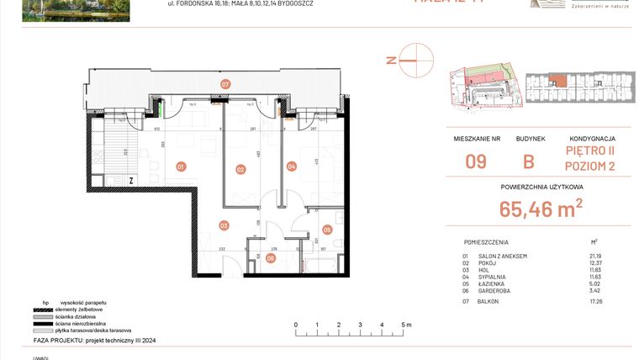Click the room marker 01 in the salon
click(181, 167)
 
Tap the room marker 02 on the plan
click(240, 170)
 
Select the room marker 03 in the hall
click(224, 225)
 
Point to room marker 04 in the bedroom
click(292, 167)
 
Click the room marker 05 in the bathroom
click(327, 229)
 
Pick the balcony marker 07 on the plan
click(225, 85)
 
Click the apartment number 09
click(475, 161)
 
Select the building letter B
click(529, 161)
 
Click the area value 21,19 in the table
click(594, 256)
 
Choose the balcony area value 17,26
click(594, 300)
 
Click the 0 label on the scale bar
click(295, 324)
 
